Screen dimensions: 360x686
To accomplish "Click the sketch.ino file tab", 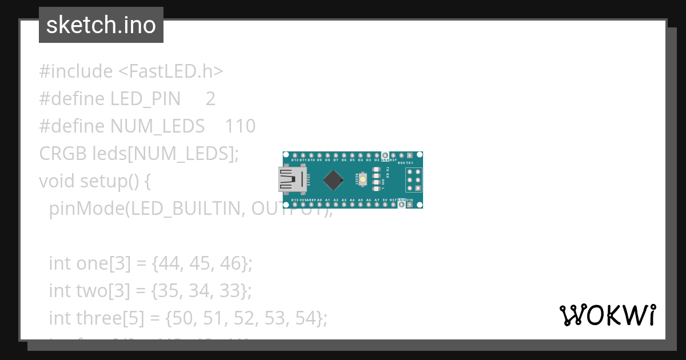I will [101, 25].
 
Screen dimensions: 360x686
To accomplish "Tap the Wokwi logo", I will [607, 315].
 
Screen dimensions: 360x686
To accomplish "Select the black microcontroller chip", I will [333, 180].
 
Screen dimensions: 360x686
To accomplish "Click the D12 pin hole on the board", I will [294, 155].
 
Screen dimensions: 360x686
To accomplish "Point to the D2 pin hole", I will [377, 155].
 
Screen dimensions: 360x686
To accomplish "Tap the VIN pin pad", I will [410, 205].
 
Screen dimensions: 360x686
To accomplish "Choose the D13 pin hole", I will [294, 205].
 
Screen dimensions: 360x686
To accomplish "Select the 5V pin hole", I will [385, 205].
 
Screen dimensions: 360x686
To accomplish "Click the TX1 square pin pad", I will [410, 155].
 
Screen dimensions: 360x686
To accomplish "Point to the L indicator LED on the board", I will [377, 188].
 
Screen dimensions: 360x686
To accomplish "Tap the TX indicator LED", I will [377, 170].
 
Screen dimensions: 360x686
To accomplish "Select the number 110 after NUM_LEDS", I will [240, 126].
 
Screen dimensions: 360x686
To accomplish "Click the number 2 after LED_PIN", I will [210, 99].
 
